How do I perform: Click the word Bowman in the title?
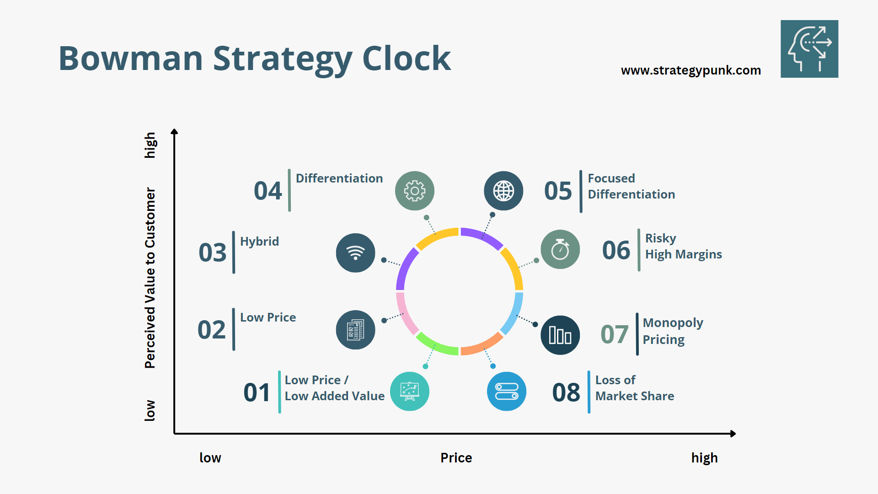tap(131, 59)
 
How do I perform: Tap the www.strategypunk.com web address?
tap(691, 70)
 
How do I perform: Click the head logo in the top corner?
tap(809, 49)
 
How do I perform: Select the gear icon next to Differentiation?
tap(414, 191)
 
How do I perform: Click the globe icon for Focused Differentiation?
tap(503, 191)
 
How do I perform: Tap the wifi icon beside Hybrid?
tap(355, 253)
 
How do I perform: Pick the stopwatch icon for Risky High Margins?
tap(560, 249)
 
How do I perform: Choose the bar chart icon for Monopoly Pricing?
tap(560, 335)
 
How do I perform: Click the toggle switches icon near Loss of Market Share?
tap(507, 392)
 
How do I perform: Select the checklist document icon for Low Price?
tap(355, 330)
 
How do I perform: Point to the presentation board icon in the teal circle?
tap(409, 392)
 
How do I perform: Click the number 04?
tap(268, 191)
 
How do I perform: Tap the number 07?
tap(614, 334)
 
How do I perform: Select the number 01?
tap(257, 392)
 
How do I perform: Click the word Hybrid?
tap(259, 242)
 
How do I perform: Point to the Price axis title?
tap(456, 458)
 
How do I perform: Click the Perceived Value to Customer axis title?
tap(150, 278)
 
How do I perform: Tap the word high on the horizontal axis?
tap(704, 458)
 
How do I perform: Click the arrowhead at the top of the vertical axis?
tap(174, 132)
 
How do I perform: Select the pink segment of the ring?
tap(406, 314)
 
